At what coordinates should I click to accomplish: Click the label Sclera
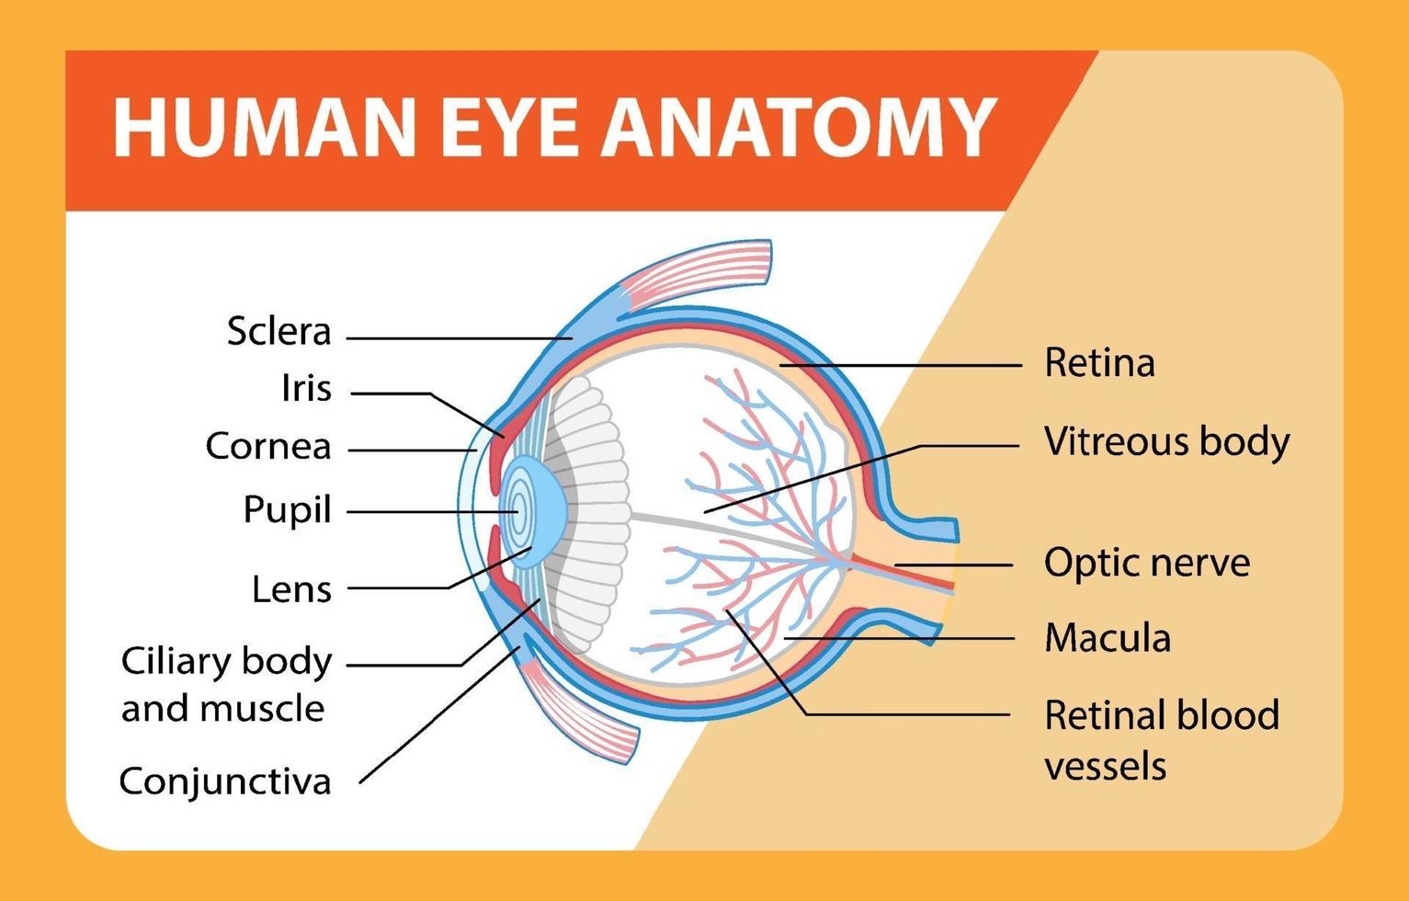click(x=278, y=331)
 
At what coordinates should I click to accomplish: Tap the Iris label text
click(x=306, y=388)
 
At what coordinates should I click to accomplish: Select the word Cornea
click(x=268, y=446)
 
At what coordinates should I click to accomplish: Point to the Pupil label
click(x=287, y=510)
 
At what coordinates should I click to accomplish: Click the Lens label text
click(x=292, y=589)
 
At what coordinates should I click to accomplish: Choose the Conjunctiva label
click(x=225, y=782)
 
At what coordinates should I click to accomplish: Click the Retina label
click(x=1099, y=363)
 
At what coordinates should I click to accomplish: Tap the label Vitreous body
click(x=1167, y=442)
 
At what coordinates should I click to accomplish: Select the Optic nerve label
click(x=1147, y=563)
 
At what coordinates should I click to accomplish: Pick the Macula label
click(x=1108, y=638)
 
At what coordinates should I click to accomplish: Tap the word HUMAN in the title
click(x=264, y=128)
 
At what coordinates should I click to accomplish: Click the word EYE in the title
click(x=508, y=128)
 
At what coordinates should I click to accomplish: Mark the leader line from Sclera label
click(x=460, y=338)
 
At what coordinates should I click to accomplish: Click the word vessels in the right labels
click(x=1105, y=767)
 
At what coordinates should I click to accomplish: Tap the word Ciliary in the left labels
click(x=176, y=663)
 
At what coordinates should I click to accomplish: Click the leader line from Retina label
click(x=900, y=365)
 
